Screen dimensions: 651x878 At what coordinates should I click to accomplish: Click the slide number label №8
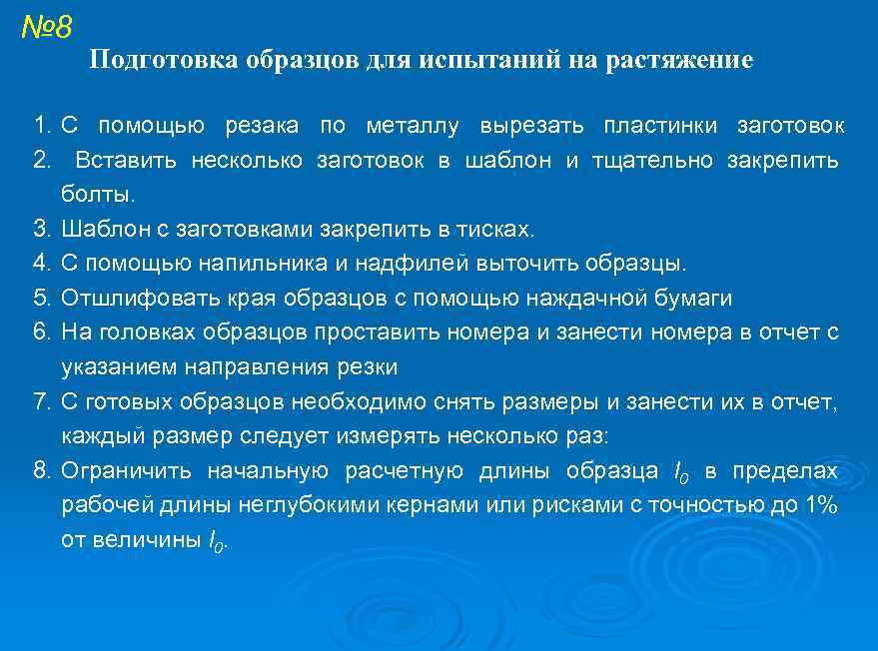(46, 27)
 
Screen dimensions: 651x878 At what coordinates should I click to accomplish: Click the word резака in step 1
(261, 127)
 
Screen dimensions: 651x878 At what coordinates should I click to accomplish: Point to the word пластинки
(659, 127)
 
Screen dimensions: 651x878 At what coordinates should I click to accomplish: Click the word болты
(97, 195)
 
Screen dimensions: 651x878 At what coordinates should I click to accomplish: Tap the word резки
(367, 367)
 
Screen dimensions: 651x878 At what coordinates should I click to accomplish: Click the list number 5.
(41, 298)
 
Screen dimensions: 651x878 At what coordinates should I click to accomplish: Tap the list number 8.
(41, 471)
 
